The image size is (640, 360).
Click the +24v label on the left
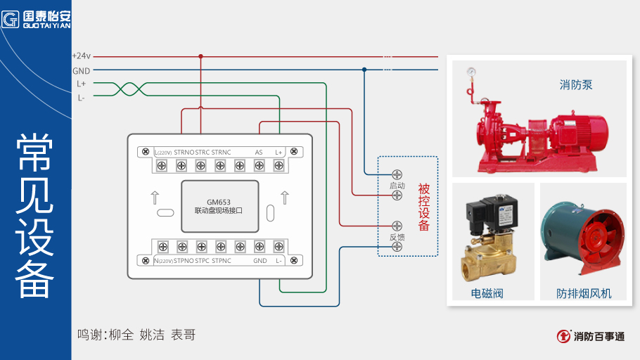(x=82, y=56)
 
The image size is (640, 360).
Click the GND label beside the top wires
(x=82, y=70)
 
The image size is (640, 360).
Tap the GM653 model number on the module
(x=219, y=200)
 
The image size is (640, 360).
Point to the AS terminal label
(x=259, y=152)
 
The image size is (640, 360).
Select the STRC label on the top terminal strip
(x=203, y=152)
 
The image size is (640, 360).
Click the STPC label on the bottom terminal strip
(x=203, y=261)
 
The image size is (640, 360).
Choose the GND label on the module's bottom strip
(x=260, y=261)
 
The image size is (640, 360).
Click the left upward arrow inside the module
(x=155, y=197)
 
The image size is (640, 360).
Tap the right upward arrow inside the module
(x=284, y=197)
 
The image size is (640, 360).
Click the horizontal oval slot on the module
(x=165, y=213)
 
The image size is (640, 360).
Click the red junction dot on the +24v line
(x=201, y=56)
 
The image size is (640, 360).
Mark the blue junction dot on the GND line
(x=364, y=70)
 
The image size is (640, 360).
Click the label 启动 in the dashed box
(x=397, y=186)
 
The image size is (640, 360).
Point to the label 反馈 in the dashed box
(x=397, y=238)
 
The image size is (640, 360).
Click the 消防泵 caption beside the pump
(x=576, y=85)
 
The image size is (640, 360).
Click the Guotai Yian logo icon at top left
(x=10, y=19)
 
